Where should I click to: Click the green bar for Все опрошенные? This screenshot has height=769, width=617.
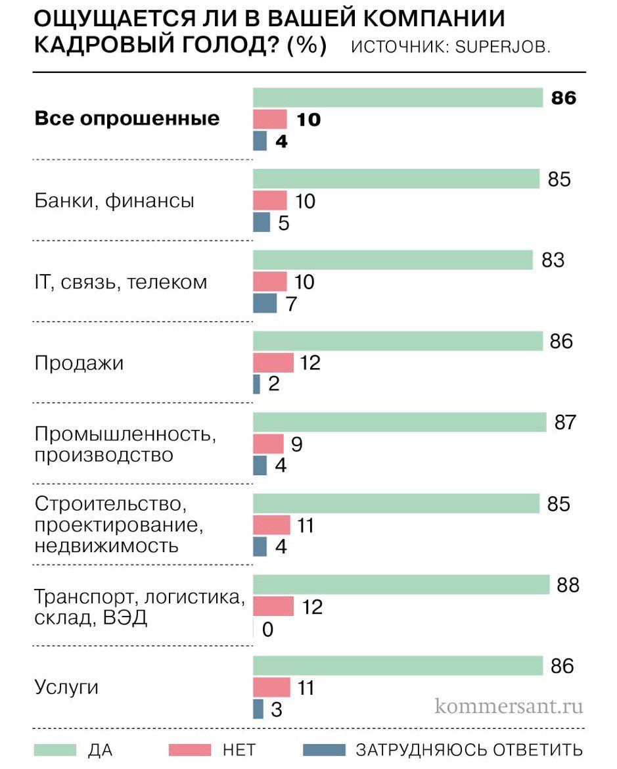[x=398, y=98]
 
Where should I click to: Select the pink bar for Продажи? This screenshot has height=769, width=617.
[x=273, y=362]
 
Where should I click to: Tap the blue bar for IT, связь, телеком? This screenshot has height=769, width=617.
[x=265, y=304]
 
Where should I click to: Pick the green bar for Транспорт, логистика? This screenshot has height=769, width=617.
[x=401, y=584]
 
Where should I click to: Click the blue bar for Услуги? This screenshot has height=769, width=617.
[x=258, y=709]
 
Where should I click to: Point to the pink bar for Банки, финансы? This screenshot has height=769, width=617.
[x=270, y=200]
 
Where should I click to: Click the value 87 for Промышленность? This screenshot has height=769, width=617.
[x=564, y=423]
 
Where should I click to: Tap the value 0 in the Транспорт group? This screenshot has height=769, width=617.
[x=267, y=630]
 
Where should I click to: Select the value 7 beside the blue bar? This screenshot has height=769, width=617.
[x=292, y=304]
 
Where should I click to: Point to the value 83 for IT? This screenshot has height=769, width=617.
[x=553, y=260]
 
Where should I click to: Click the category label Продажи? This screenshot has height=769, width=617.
[x=79, y=363]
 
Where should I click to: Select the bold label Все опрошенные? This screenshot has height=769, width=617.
[x=127, y=119]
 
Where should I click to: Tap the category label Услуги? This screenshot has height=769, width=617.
[x=66, y=687]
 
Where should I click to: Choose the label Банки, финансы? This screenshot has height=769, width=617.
[x=114, y=200]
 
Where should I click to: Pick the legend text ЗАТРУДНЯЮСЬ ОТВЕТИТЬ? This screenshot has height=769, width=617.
[x=468, y=750]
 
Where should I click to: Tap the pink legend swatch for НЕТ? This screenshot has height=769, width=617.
[x=190, y=750]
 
